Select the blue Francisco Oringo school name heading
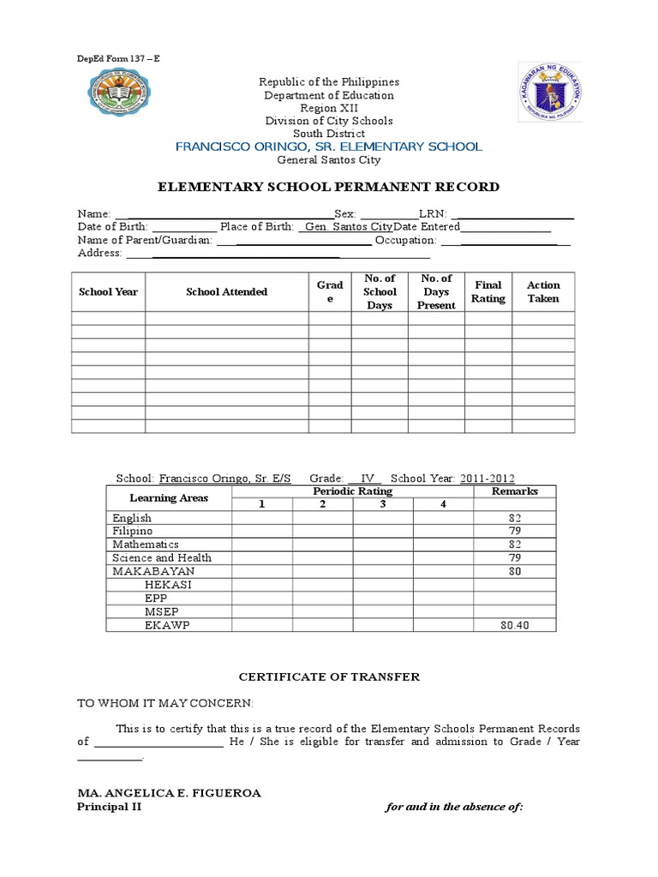pos(329,146)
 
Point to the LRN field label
pos(433,213)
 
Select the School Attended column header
pos(226,292)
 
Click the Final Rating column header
pos(488,292)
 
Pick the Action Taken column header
pos(543,292)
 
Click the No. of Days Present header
pos(436,292)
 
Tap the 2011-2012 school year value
pos(488,479)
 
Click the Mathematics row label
pos(146,545)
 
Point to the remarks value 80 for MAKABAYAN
pos(515,571)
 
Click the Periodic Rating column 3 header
pos(383,504)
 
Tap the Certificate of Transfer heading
pos(329,677)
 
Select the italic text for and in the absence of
pos(454,807)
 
